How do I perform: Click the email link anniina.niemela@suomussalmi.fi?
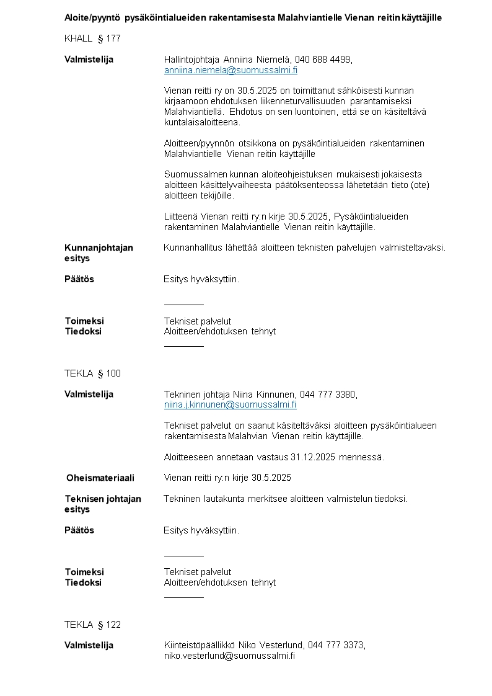tap(231, 70)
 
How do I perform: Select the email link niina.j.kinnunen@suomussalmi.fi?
tap(230, 405)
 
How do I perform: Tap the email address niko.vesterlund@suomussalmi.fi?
tap(229, 656)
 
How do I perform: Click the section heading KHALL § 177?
tap(92, 38)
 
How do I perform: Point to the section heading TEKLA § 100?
tap(92, 373)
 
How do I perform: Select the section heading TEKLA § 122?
tap(92, 625)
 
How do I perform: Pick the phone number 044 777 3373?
tap(335, 645)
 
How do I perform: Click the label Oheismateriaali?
tap(100, 478)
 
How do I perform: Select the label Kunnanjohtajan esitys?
tap(99, 253)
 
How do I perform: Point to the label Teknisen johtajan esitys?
tap(103, 504)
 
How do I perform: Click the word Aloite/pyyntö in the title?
tap(92, 17)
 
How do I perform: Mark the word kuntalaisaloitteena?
tap(201, 122)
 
